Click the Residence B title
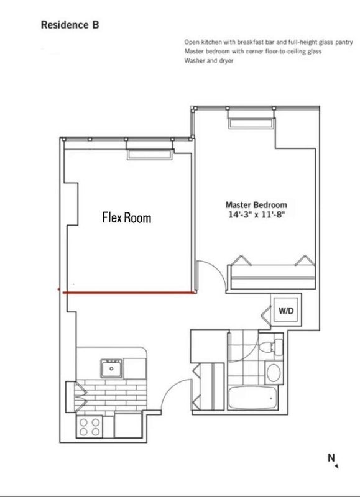(x=70, y=25)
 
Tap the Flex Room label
(x=127, y=218)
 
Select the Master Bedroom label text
(x=256, y=205)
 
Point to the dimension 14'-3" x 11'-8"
(x=257, y=214)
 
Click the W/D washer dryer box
(x=286, y=311)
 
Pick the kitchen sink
(x=111, y=368)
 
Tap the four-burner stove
(x=90, y=427)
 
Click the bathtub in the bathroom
(x=252, y=398)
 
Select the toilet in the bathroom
(x=271, y=346)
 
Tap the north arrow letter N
(x=331, y=458)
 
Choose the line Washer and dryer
(x=209, y=60)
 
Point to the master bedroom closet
(x=272, y=273)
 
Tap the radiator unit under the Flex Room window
(x=150, y=154)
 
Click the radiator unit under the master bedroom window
(x=251, y=123)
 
